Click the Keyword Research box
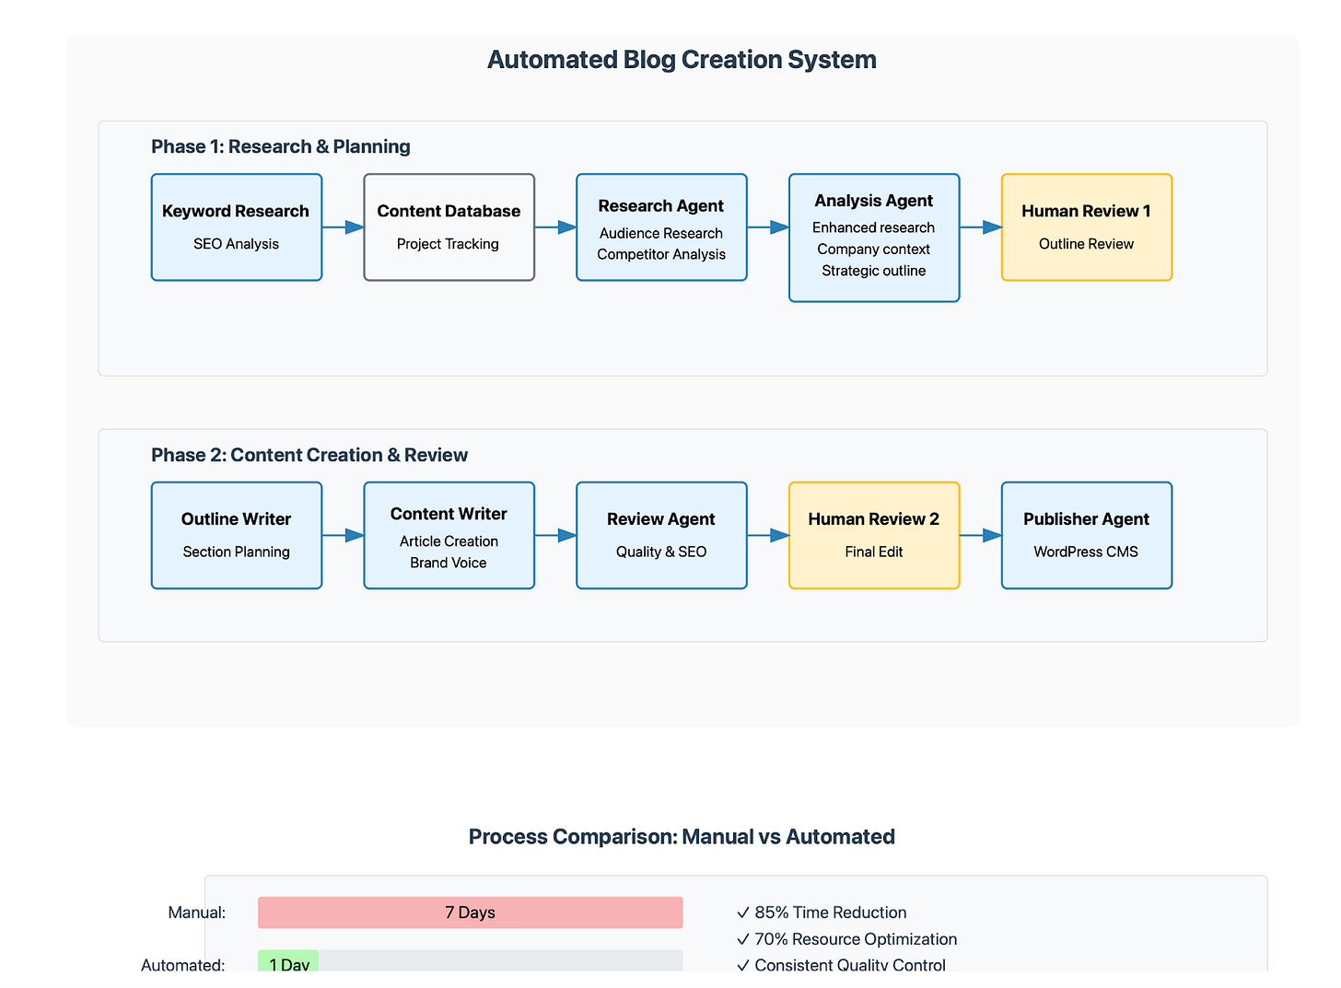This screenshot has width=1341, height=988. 237,227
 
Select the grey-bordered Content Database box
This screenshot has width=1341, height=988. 449,227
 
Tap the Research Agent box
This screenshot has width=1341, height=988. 661,227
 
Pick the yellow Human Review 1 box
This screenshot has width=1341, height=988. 1086,227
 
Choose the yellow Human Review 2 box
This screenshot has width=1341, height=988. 874,535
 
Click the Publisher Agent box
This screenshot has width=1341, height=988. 1086,535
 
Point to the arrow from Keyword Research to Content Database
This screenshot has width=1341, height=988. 343,227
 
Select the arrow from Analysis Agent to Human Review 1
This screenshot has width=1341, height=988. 980,227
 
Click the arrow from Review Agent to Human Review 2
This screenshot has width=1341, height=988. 767,535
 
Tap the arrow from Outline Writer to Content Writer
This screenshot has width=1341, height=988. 343,535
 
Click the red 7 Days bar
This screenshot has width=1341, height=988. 470,912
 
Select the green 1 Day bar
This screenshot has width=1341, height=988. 288,962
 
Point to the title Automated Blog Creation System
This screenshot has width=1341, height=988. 682,60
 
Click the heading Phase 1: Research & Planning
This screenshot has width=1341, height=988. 281,146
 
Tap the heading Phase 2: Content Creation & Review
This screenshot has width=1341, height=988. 309,455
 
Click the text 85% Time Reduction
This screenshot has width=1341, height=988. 830,912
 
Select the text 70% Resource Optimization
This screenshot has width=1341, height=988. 855,939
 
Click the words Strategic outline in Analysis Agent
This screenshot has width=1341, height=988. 873,271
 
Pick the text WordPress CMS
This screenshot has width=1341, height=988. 1086,552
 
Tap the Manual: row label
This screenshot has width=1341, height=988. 197,912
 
